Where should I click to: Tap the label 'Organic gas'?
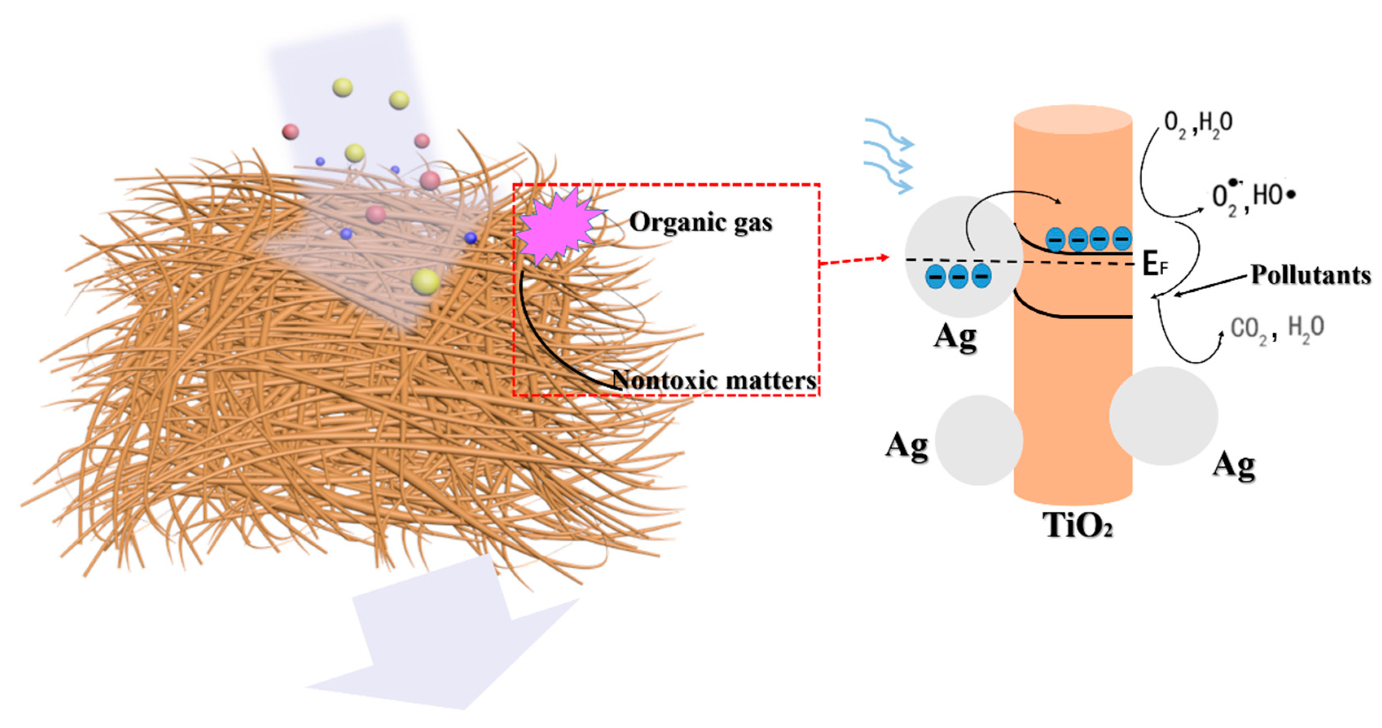(700, 222)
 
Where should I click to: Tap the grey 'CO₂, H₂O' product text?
(1277, 327)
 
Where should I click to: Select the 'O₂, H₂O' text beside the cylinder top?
(1198, 125)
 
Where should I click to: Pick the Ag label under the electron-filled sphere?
(955, 337)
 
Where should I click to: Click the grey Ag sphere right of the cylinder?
(1163, 416)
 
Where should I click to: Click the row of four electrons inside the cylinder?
(1089, 239)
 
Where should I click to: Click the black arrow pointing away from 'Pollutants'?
(1210, 284)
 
